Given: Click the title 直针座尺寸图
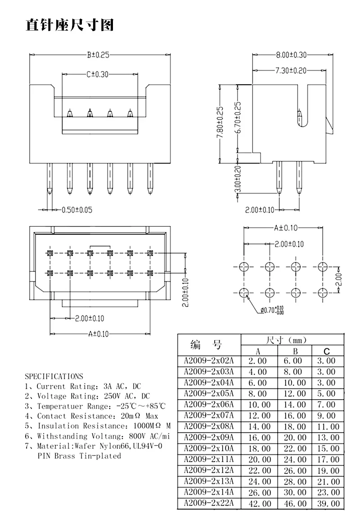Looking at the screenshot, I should [70, 24].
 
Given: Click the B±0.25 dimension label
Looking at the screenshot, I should [98, 55].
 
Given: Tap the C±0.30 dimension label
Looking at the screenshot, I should [98, 74].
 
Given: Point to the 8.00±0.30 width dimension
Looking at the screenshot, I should [291, 55].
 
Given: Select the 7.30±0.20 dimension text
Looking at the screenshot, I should [291, 70].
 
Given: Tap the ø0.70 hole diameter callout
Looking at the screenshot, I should [272, 310].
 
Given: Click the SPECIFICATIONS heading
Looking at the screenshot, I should [54, 376].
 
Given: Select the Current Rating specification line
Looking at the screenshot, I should [83, 386].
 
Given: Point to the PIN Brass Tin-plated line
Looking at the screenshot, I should [79, 456].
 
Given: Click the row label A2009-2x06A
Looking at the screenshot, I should [209, 405].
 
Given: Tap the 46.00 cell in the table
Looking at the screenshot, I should [295, 504].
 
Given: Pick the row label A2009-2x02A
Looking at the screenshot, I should [209, 360].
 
